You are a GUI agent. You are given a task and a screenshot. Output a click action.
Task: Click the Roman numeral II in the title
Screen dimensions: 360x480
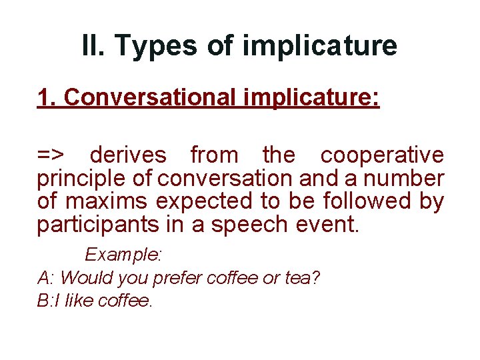point(93,45)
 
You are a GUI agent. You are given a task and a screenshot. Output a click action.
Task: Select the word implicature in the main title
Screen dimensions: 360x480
point(320,45)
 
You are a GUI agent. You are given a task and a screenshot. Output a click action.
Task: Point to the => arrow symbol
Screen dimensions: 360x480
point(51,155)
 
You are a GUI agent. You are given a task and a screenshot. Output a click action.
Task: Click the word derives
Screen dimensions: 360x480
point(128,155)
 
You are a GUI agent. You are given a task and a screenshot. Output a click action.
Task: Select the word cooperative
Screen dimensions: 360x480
point(382,155)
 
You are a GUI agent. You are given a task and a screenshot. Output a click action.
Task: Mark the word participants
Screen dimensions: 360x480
point(95,225)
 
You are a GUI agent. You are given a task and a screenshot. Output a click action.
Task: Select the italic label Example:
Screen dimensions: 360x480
point(124,255)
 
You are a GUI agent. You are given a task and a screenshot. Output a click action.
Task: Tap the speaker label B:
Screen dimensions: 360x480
point(45,301)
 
